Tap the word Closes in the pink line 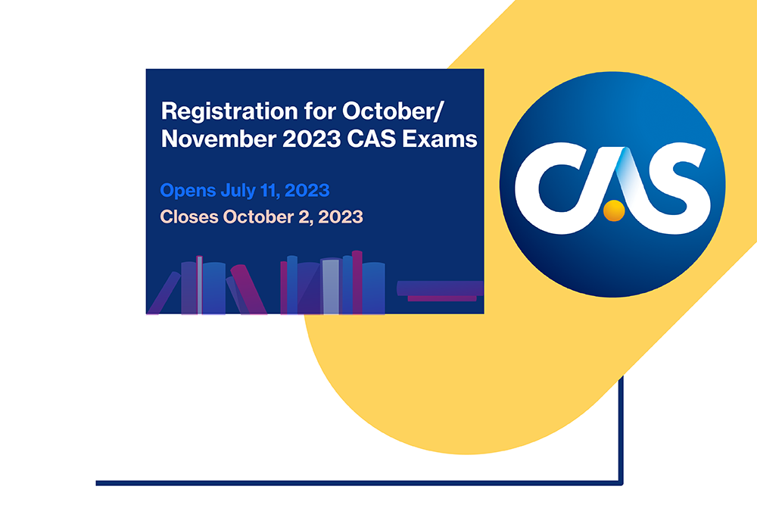188,217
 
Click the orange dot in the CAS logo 614,210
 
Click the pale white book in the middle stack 330,286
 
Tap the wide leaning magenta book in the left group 248,289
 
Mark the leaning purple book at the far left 164,294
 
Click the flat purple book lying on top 439,287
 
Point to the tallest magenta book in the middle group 357,282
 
